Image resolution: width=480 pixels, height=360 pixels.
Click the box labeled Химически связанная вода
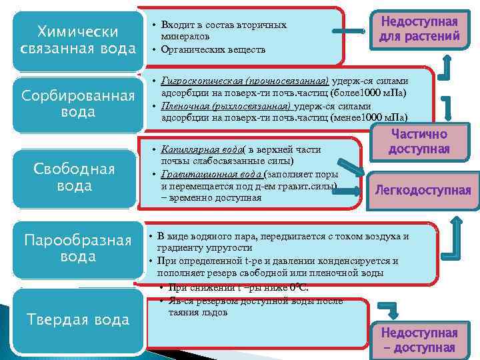coord(78,40)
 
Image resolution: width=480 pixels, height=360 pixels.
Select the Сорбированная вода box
coord(78,104)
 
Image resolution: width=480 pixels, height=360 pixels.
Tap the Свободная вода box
coord(75,177)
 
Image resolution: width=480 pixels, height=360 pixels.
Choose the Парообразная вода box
coord(78,247)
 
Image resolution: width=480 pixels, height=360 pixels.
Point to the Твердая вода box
coord(78,320)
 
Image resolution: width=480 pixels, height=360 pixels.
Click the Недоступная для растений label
coord(419,29)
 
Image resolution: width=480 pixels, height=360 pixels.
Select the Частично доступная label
coord(419,141)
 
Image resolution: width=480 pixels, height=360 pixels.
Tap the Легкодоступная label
coord(423,191)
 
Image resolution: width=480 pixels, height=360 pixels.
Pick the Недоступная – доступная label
coord(419,340)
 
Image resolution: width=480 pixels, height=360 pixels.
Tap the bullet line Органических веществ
coord(213,50)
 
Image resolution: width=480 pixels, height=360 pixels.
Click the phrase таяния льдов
coord(198,312)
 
